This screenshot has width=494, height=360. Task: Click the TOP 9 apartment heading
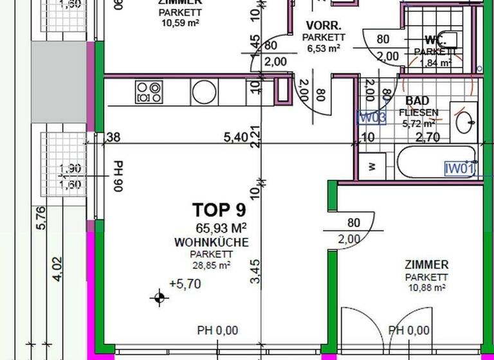pos(219,210)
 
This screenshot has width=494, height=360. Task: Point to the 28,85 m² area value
pos(212,264)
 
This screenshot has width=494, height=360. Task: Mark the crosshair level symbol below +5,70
pos(159,297)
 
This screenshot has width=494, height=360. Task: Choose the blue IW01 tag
pos(460,169)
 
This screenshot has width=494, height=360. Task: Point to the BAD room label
pos(417,101)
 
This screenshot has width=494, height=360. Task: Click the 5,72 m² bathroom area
pos(419,123)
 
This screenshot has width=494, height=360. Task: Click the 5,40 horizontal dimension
pos(235,136)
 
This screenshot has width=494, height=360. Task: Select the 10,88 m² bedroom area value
pos(426,287)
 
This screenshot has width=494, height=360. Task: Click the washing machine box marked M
pos(372,166)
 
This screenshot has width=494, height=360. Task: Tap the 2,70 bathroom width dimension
pos(427,136)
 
